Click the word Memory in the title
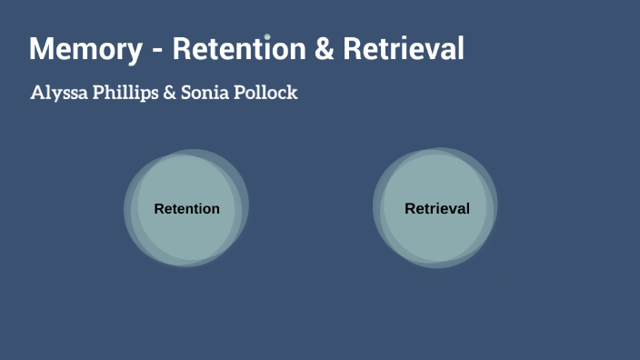85,49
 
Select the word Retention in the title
239,49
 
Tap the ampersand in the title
324,49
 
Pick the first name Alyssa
61,93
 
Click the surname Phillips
126,93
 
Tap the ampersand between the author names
170,93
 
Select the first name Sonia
205,93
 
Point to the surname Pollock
266,93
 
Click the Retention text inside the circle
186,209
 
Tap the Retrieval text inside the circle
437,209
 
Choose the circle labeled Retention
186,236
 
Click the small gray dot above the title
267,37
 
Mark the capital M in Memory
41,49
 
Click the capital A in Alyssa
37,93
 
